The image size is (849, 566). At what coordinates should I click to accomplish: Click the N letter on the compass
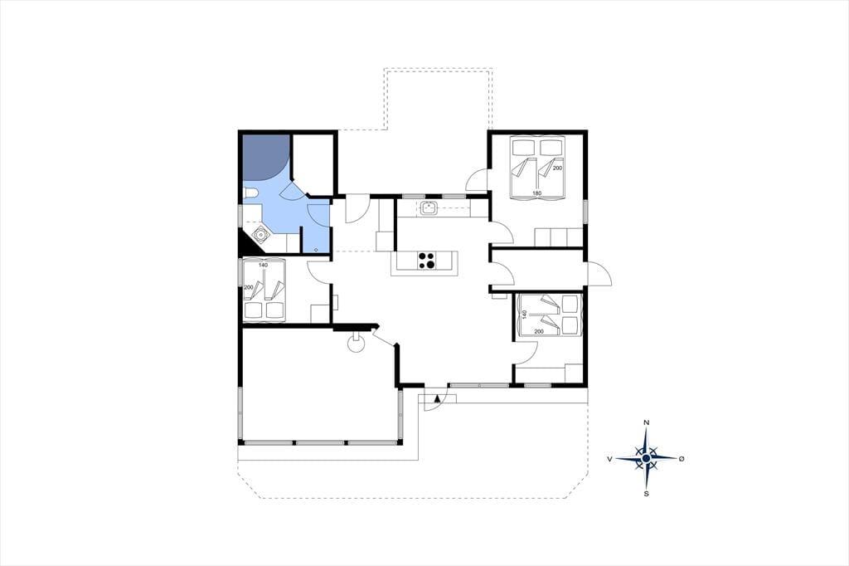(x=646, y=422)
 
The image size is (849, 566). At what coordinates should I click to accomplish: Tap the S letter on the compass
(x=646, y=494)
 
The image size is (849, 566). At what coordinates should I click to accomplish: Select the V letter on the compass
(x=609, y=459)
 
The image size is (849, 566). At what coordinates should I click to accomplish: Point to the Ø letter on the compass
(x=682, y=459)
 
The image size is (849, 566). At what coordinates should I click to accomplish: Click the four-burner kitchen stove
(x=427, y=261)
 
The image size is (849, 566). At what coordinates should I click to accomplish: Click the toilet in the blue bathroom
(x=250, y=194)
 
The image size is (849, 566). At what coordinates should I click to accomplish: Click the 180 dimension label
(x=536, y=193)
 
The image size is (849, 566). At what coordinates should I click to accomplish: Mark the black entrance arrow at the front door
(x=436, y=398)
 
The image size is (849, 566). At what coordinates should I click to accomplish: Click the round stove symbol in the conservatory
(x=356, y=344)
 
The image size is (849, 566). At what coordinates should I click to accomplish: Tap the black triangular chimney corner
(x=249, y=242)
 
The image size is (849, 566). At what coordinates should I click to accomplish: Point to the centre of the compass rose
(x=646, y=459)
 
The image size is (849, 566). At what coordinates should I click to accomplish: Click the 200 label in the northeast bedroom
(x=558, y=168)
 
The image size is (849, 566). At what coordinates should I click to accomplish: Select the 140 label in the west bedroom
(x=263, y=265)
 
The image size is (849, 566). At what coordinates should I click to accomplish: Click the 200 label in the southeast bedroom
(x=539, y=330)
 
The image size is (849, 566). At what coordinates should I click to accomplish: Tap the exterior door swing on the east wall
(x=600, y=275)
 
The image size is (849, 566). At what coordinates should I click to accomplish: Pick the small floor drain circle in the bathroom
(x=316, y=249)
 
